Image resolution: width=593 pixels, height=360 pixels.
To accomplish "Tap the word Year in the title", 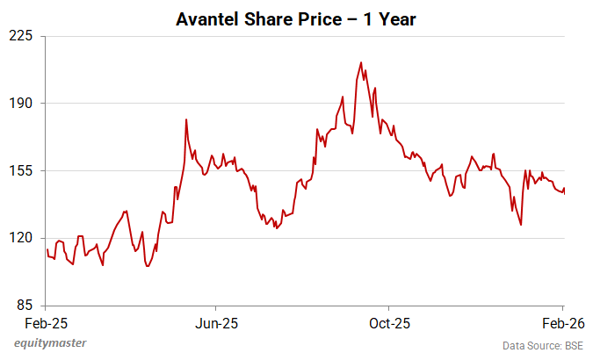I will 397,18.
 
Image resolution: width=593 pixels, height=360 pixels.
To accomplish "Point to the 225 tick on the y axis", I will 21,36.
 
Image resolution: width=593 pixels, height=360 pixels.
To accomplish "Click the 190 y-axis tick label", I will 21,104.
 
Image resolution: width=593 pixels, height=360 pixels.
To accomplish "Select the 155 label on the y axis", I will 21,170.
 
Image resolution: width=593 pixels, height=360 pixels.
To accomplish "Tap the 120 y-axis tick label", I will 21,238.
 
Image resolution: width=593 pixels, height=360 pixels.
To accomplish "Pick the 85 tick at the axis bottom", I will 25,306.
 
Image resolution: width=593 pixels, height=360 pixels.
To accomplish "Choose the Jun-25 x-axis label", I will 217,321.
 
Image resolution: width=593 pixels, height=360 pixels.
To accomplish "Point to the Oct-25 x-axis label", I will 389,321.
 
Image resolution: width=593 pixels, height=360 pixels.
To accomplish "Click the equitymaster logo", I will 50,343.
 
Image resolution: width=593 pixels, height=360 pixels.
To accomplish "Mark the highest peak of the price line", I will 361,63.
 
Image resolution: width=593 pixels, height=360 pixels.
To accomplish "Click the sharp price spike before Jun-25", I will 187,119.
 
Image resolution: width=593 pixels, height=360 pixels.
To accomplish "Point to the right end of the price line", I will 564,190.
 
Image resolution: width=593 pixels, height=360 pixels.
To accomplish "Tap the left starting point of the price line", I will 47,249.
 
